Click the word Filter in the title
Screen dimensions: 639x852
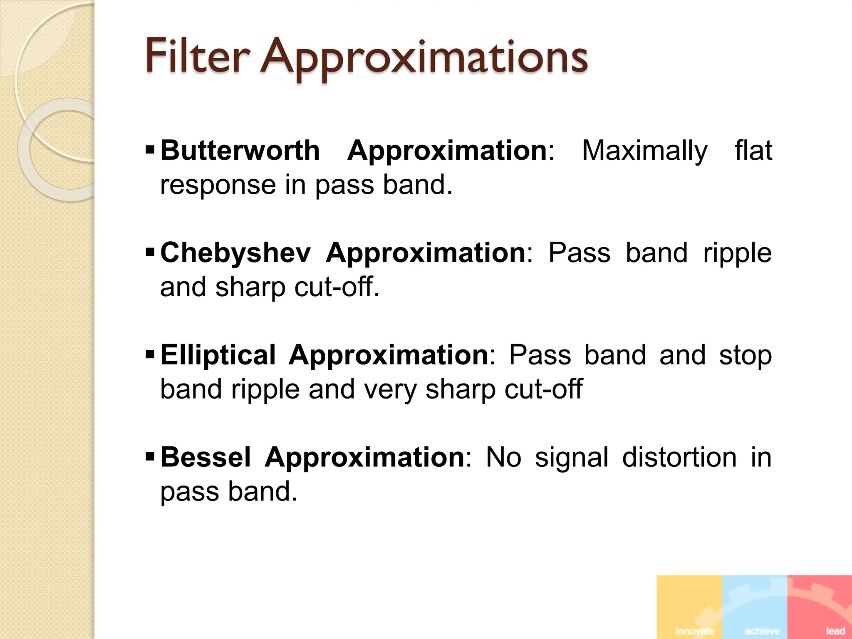click(x=197, y=56)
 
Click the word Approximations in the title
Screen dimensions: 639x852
click(x=424, y=58)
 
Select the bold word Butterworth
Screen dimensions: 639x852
click(x=240, y=150)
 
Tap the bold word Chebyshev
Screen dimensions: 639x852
click(x=235, y=253)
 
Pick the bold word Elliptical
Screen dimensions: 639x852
click(x=218, y=355)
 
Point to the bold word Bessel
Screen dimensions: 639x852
click(x=206, y=457)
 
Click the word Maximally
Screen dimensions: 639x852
click(x=644, y=151)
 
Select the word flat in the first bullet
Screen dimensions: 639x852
click(x=753, y=150)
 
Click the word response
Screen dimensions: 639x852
click(x=218, y=186)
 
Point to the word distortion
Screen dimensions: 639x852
click(x=679, y=457)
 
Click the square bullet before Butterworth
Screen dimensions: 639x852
click(x=150, y=149)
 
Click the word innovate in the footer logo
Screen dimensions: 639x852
click(x=695, y=631)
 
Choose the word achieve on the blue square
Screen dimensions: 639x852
click(x=762, y=631)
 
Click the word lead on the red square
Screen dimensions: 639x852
click(x=835, y=631)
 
